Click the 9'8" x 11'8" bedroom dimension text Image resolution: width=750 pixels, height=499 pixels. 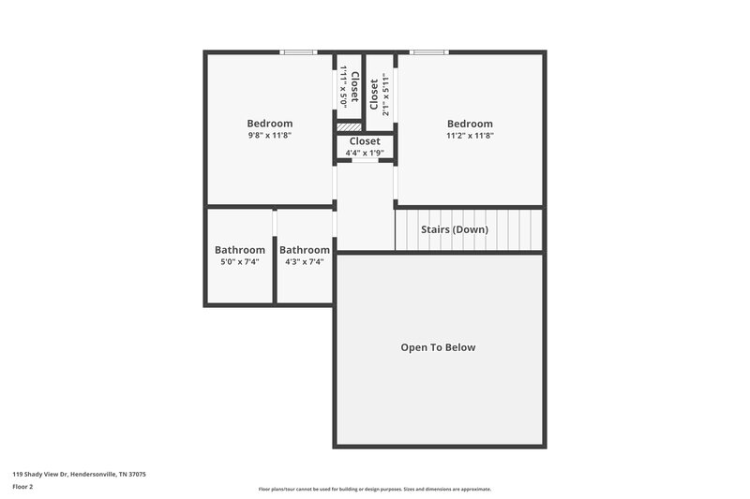pyautogui.click(x=270, y=136)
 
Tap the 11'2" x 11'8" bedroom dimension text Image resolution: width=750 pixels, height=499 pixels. pyautogui.click(x=470, y=136)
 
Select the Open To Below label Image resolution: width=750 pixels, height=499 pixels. pyautogui.click(x=438, y=347)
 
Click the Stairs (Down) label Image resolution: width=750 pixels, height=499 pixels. pyautogui.click(x=455, y=229)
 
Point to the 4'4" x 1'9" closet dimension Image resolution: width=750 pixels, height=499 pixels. pyautogui.click(x=365, y=153)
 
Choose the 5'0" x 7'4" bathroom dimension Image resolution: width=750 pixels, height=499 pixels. pyautogui.click(x=239, y=262)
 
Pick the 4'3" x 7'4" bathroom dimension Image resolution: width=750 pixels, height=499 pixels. pyautogui.click(x=305, y=262)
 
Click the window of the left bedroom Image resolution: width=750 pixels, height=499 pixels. pyautogui.click(x=299, y=52)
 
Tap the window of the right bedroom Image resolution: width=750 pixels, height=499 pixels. pyautogui.click(x=428, y=52)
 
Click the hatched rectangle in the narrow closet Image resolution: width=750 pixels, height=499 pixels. pyautogui.click(x=348, y=126)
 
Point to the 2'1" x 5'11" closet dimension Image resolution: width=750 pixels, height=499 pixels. pyautogui.click(x=384, y=94)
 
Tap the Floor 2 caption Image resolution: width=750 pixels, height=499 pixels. pyautogui.click(x=22, y=487)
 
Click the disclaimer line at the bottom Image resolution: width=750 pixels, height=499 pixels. pyautogui.click(x=375, y=489)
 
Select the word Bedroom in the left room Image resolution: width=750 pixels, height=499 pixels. pyautogui.click(x=270, y=124)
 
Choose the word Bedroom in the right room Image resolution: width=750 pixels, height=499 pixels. pyautogui.click(x=470, y=124)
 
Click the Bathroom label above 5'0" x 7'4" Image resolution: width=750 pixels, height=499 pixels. pyautogui.click(x=239, y=250)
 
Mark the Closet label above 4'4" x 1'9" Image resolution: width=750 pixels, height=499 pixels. pyautogui.click(x=365, y=141)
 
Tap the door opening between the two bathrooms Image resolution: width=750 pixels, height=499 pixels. pyautogui.click(x=275, y=225)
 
